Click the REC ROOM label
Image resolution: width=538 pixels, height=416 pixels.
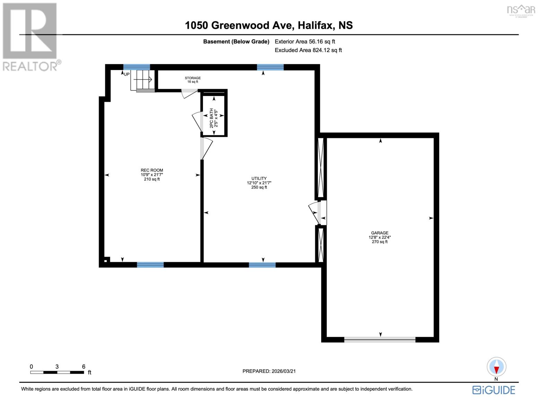point(152,170)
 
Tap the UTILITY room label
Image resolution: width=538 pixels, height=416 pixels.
point(259,179)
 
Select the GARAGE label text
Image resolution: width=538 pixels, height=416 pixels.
point(380,233)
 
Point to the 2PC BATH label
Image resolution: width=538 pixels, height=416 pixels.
point(211,118)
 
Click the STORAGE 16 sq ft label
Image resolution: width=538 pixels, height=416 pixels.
point(193,80)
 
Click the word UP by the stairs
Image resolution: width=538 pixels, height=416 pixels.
point(127,74)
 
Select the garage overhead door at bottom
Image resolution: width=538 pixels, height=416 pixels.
point(380,340)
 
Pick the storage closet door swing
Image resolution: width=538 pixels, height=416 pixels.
point(189,93)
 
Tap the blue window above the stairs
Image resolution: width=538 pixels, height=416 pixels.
point(137,67)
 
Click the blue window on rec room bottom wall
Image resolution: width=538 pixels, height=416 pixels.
point(150,265)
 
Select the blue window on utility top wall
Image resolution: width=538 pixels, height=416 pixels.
point(270,67)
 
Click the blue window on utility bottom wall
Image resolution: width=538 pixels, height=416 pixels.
point(262,265)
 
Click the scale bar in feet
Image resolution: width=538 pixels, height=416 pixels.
point(57,372)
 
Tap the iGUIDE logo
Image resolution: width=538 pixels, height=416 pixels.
point(494,390)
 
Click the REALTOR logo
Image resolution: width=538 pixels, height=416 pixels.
point(30,36)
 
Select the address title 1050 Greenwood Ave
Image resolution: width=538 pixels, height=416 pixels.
point(269,25)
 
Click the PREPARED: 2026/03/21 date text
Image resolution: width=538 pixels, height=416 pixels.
point(269,371)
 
